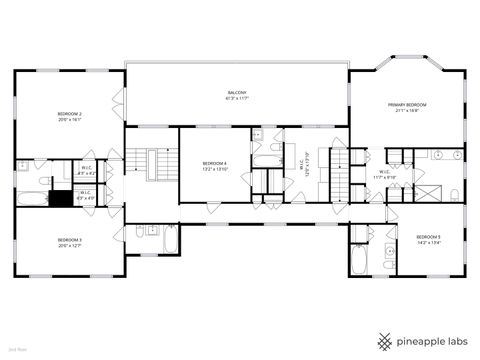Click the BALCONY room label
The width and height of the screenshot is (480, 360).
click(x=236, y=92)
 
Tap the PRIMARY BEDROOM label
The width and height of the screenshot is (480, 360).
click(x=407, y=104)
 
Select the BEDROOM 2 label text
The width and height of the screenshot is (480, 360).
click(x=69, y=114)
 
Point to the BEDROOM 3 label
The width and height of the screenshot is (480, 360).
click(x=69, y=240)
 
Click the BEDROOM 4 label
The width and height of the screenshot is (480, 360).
click(x=215, y=163)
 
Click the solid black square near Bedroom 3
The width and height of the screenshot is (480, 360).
click(x=62, y=198)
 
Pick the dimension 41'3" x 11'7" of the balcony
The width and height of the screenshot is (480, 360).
click(x=236, y=99)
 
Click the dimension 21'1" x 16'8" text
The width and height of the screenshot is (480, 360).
click(x=407, y=111)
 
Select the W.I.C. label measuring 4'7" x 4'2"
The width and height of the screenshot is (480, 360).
click(x=86, y=171)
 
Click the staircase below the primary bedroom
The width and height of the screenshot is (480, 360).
click(x=342, y=183)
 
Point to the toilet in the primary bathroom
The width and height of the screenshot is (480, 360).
click(x=455, y=192)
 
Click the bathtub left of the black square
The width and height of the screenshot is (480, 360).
click(x=32, y=198)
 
